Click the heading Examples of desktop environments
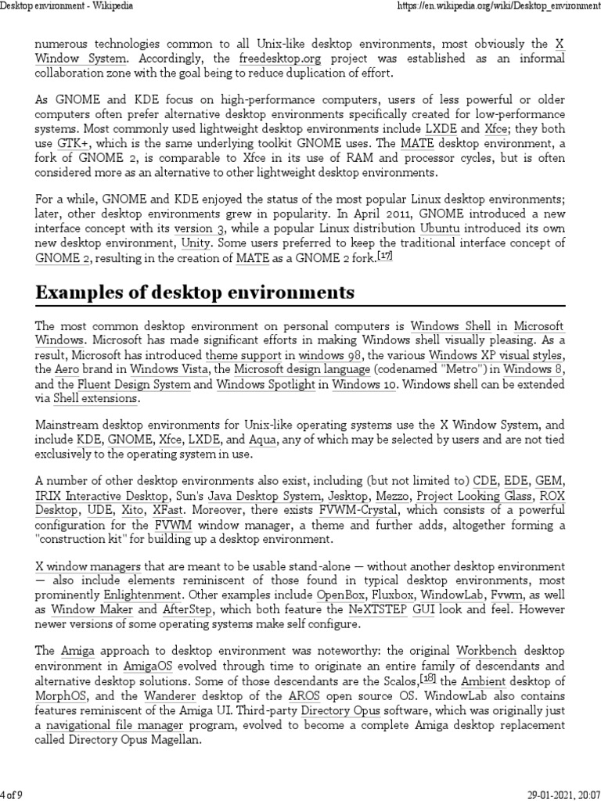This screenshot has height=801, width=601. [x=194, y=293]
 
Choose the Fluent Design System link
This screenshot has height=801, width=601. [x=134, y=384]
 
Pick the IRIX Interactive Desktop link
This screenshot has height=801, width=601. [x=101, y=496]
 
